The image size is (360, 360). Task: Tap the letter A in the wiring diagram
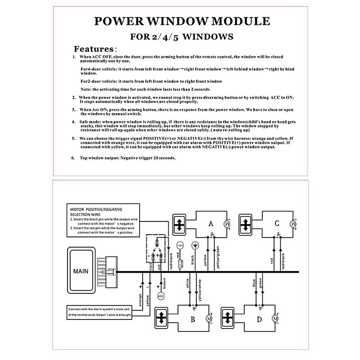point(210,223)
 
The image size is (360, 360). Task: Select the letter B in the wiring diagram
point(192,319)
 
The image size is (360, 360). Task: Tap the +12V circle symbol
point(180,246)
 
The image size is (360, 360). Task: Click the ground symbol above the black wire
point(195,246)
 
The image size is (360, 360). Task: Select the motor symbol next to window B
point(208,319)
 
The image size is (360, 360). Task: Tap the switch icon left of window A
point(179,224)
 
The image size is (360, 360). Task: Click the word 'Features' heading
point(93,49)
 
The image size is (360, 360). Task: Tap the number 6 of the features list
point(73,158)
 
